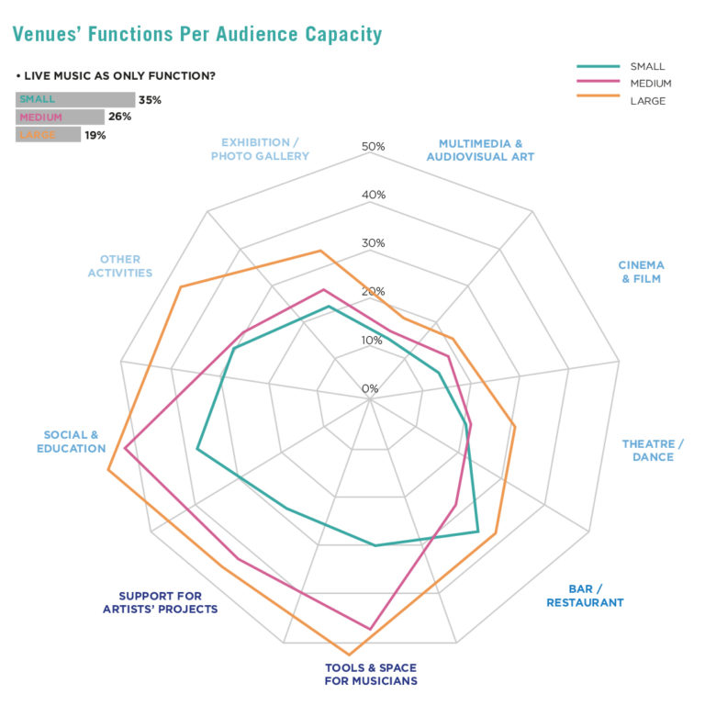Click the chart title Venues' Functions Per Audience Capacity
coord(196,35)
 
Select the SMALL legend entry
coord(646,66)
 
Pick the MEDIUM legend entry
coord(651,84)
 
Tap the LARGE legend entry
coord(647,101)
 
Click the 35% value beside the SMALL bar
coord(150,100)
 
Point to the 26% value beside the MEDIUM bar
coord(120,117)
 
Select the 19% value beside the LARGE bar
coord(95,135)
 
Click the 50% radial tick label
coord(374,147)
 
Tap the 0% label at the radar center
coord(370,388)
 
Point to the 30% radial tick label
coord(374,243)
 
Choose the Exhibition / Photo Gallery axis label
coord(260,150)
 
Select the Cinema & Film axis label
coord(641,272)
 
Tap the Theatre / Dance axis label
coord(653,450)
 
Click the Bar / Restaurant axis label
coord(585,596)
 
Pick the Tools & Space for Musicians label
coord(371,674)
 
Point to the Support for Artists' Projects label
coord(160,602)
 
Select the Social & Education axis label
coord(71,442)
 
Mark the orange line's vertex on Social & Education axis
coord(107,471)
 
